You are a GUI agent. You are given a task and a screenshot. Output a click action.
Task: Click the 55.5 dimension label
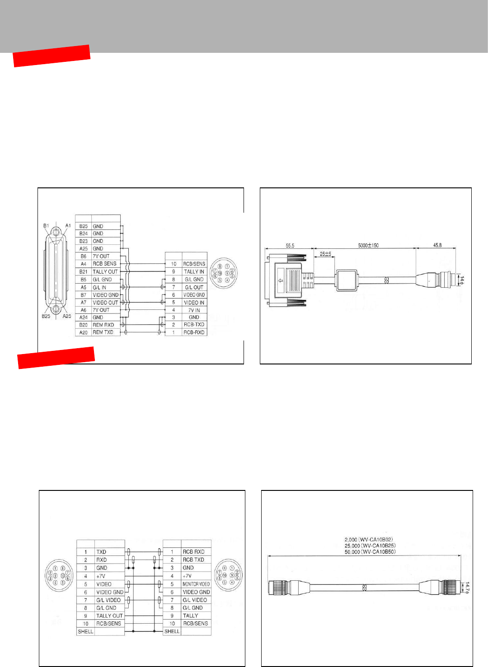pos(290,246)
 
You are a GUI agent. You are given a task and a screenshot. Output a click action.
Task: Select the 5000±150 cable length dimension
pos(368,245)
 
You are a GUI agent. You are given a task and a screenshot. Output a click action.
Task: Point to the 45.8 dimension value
pos(437,245)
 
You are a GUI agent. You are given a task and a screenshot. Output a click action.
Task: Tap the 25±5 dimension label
pos(325,254)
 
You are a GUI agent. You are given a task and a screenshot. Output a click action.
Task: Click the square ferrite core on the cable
pos(347,280)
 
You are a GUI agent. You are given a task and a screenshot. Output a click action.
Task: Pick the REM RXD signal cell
pos(103,325)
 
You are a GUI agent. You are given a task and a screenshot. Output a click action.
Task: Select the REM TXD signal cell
pos(103,332)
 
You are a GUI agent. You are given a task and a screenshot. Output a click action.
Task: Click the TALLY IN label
pos(194,271)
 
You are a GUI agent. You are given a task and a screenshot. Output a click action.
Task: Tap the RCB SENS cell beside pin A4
pos(104,264)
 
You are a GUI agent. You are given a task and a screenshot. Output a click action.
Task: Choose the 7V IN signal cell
pos(194,310)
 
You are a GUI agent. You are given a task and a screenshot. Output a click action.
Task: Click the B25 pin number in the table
pos(84,226)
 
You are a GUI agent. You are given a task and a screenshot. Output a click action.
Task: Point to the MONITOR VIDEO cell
pos(196,584)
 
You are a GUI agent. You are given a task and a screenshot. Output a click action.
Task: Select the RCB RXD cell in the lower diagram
pos(193,552)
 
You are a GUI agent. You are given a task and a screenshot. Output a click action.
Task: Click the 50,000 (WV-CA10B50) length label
pos(370,552)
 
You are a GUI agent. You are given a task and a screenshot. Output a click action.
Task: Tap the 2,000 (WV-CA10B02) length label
pos(369,540)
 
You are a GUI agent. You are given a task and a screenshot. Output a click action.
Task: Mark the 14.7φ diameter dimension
pos(467,588)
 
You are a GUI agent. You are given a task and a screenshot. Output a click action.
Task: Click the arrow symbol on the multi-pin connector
pos(281,281)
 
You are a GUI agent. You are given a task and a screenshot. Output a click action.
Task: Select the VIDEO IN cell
pos(194,303)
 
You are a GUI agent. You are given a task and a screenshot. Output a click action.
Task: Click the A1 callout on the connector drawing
pos(68,225)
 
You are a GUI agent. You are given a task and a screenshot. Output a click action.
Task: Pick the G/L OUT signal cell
pos(194,287)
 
